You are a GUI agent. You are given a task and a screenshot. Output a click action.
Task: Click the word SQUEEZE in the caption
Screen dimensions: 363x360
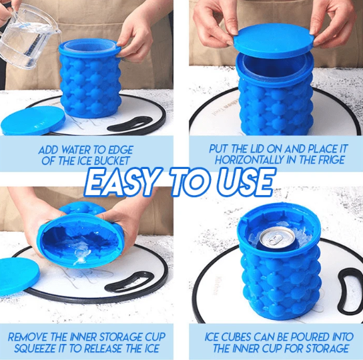(x=35, y=349)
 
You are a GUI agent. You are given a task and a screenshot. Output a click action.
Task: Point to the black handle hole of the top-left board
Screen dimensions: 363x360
(x=130, y=124)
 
